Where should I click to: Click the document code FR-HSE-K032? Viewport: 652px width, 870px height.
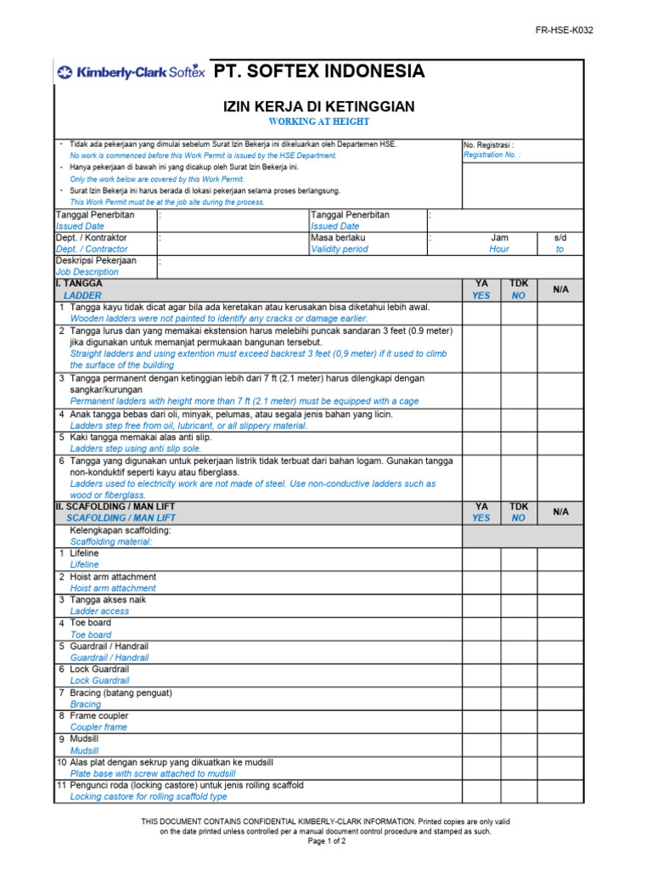[564, 30]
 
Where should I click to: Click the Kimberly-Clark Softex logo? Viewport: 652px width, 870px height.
[130, 72]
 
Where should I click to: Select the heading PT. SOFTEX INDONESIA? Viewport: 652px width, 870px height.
[318, 71]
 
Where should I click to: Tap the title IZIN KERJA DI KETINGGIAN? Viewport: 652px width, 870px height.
[318, 106]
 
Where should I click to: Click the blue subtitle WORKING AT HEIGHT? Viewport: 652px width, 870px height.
[318, 121]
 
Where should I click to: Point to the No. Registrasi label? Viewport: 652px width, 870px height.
[488, 144]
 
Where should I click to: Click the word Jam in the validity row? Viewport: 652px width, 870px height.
[500, 238]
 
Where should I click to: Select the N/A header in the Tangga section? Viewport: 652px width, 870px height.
[560, 289]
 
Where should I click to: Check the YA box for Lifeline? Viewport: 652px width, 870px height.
[481, 558]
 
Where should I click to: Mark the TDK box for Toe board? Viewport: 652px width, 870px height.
[518, 629]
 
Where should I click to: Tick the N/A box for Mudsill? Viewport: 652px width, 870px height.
[560, 745]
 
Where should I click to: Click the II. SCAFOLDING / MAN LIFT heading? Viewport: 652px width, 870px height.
[115, 506]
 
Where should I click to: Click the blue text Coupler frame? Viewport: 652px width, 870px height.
[98, 727]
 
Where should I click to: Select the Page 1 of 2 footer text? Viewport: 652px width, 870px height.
[326, 841]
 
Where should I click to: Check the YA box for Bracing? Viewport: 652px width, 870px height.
[481, 698]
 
